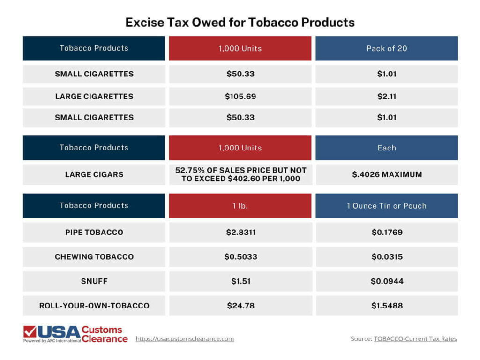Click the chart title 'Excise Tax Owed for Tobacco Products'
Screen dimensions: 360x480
pos(240,22)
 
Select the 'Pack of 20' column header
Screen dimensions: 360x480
pos(386,48)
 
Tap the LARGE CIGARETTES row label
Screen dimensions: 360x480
pos(94,96)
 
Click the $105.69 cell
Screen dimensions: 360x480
pos(240,96)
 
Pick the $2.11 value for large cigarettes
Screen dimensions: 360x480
pos(386,96)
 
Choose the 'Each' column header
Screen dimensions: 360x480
pos(386,148)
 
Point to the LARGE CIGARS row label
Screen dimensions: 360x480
pos(94,174)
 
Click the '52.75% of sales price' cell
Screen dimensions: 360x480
pos(240,174)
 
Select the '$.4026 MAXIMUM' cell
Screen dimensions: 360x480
pos(386,174)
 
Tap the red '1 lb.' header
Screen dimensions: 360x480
pos(240,206)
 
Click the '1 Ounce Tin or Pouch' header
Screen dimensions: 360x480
pos(386,206)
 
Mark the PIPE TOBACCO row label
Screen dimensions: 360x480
pos(94,232)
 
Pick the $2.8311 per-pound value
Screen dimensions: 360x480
pos(240,232)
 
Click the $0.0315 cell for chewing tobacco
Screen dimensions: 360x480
pos(386,256)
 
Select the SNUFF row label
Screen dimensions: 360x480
pos(94,281)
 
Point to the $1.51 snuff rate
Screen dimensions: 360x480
pos(240,281)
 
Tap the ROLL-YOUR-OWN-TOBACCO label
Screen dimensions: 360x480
pos(94,306)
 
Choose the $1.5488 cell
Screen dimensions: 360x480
pos(386,306)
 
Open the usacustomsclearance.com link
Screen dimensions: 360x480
pos(185,338)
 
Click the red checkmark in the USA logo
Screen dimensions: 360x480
pos(30,332)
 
